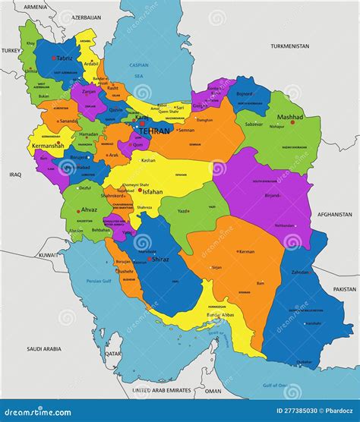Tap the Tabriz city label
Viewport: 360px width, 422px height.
point(65,58)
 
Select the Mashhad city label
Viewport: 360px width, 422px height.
point(289,118)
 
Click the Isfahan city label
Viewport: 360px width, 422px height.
point(152,192)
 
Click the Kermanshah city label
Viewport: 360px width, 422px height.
point(48,143)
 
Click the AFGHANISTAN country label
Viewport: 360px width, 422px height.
point(335,215)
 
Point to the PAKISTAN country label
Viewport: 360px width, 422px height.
point(344,289)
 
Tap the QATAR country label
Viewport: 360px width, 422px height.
point(113,354)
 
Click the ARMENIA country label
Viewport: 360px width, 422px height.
point(35,7)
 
